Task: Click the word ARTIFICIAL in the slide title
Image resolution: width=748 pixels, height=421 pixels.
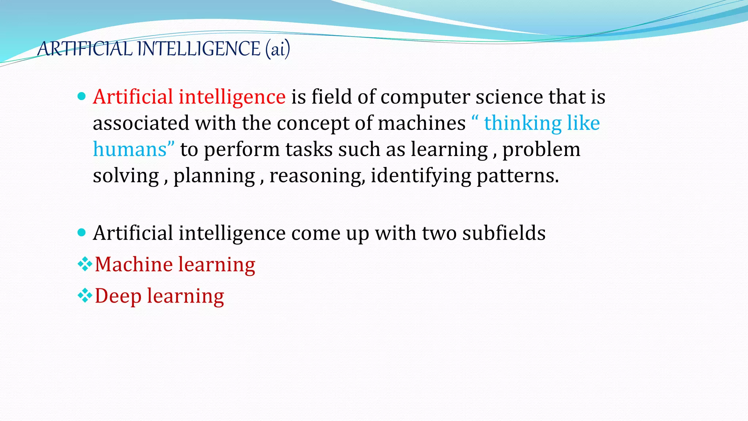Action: point(85,49)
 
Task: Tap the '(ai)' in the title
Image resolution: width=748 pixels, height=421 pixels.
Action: point(278,49)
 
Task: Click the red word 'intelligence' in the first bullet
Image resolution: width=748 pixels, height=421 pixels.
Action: point(232,97)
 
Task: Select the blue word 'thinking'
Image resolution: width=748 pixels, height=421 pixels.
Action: point(523,123)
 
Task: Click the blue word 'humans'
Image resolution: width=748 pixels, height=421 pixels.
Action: point(130,149)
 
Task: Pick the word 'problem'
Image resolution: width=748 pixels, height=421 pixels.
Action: point(541,149)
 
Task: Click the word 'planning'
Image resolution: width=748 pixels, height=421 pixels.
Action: point(214,176)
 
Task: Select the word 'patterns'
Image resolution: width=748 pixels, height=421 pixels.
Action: point(518,176)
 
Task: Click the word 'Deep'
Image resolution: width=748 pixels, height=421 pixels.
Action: point(118,296)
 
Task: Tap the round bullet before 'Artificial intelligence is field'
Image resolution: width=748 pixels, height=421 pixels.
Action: point(82,96)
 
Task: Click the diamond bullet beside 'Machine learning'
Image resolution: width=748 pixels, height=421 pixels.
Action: point(85,264)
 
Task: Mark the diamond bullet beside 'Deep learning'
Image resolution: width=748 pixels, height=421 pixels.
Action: point(85,295)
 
